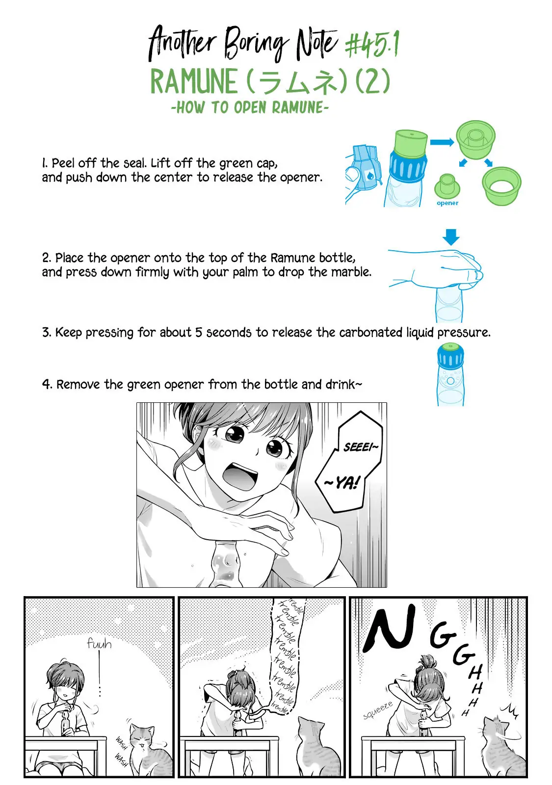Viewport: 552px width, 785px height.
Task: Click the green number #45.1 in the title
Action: pyautogui.click(x=372, y=44)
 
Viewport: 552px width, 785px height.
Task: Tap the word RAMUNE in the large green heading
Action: pyautogui.click(x=194, y=81)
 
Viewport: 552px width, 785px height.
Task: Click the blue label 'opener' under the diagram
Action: pyautogui.click(x=447, y=203)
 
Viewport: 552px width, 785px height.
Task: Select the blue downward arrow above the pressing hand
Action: pyautogui.click(x=451, y=237)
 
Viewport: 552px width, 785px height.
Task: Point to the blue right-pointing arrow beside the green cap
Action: pyautogui.click(x=442, y=142)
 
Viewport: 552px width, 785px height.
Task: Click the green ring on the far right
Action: pyautogui.click(x=501, y=185)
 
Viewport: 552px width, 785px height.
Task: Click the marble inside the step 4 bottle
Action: pyautogui.click(x=450, y=381)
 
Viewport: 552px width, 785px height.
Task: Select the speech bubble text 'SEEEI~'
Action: pyautogui.click(x=361, y=447)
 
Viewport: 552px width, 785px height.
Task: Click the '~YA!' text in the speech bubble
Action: pyautogui.click(x=342, y=483)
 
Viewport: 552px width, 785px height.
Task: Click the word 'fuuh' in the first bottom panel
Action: pyautogui.click(x=99, y=643)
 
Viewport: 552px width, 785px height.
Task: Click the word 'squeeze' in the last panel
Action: pyautogui.click(x=378, y=710)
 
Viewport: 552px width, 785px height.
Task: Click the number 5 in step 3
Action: pyautogui.click(x=198, y=332)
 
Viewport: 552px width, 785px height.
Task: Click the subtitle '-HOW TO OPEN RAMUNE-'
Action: pyautogui.click(x=250, y=107)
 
